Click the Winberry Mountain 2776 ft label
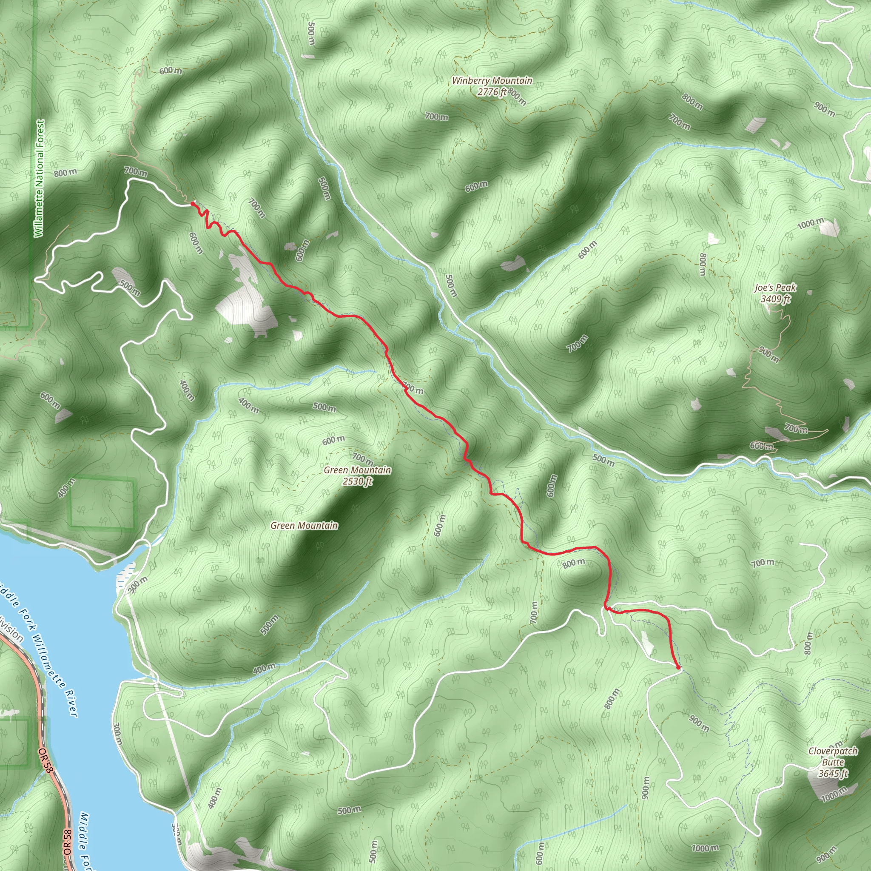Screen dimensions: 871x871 coord(492,86)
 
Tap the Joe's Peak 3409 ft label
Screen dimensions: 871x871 coord(775,293)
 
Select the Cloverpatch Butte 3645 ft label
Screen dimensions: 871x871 coord(833,762)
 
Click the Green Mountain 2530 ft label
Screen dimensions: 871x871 coord(357,475)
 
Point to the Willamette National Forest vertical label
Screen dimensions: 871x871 coord(40,178)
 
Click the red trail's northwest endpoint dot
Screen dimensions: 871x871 coord(193,204)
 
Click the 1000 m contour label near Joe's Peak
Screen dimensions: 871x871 coord(811,223)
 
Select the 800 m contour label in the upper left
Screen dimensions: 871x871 coord(65,173)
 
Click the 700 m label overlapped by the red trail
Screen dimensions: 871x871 coord(413,388)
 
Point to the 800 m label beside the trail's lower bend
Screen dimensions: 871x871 coord(574,563)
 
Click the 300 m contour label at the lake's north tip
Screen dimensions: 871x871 coord(137,586)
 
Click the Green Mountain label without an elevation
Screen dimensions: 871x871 coord(304,526)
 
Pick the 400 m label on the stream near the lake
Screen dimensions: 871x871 coord(264,669)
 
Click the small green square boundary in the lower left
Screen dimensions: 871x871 coord(102,503)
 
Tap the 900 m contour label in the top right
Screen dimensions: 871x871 coord(825,109)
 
